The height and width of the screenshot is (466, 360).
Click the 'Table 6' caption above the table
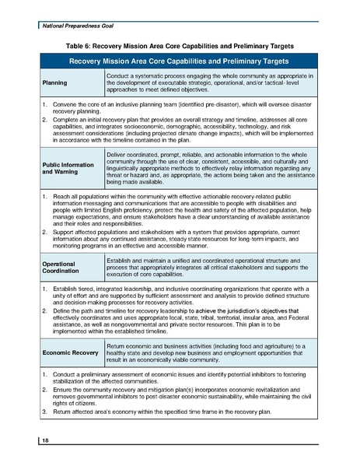(x=180, y=45)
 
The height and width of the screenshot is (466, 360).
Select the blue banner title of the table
(x=180, y=61)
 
